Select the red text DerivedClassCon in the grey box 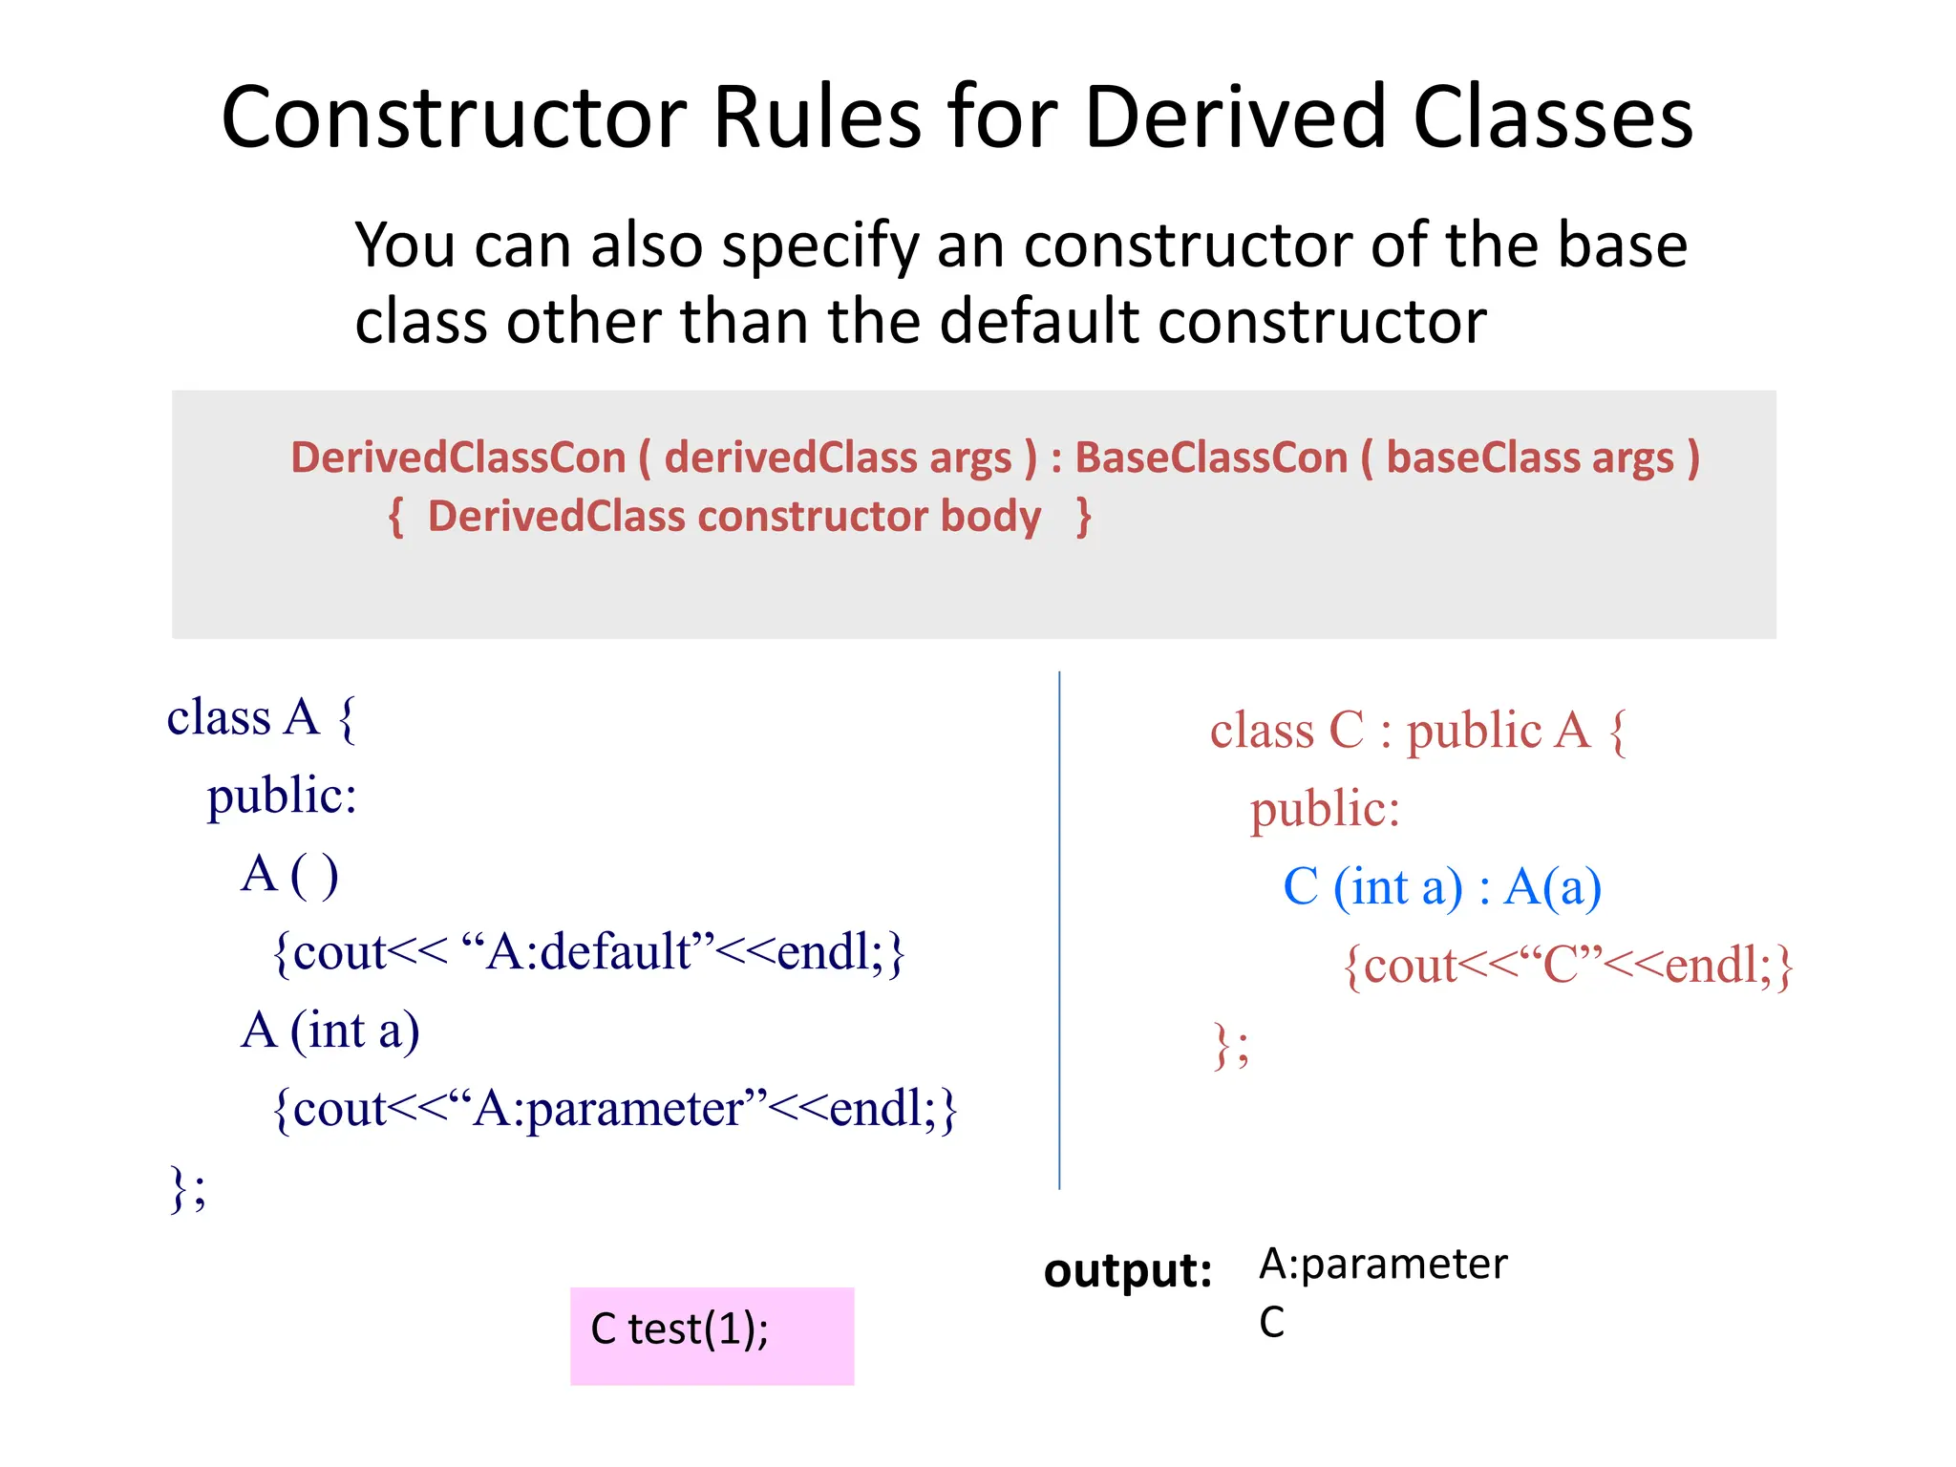457,457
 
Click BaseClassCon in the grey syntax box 1210,457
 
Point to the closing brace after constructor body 1083,517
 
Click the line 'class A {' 261,717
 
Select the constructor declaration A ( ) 289,874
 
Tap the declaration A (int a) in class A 330,1031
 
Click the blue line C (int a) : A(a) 1441,887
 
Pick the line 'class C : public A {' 1417,731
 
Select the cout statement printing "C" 1567,966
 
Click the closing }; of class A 187,1188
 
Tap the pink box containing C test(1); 712,1335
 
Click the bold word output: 1127,1270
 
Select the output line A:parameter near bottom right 1382,1264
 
